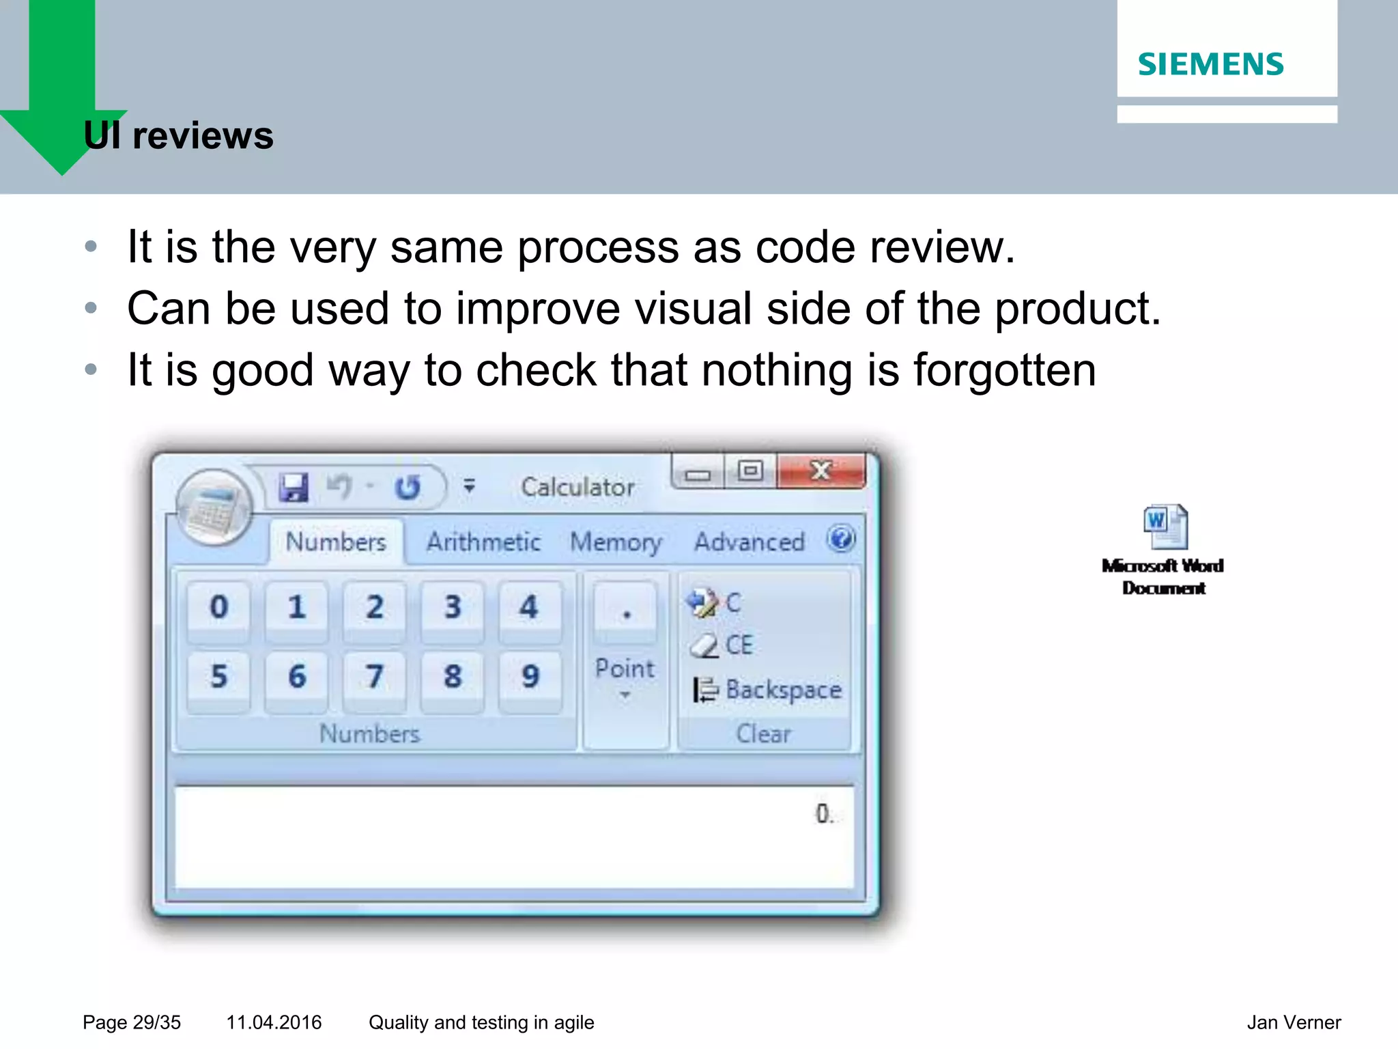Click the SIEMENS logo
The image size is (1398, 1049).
coord(1210,64)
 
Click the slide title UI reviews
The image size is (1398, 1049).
coord(178,135)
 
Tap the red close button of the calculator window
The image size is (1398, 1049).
coord(821,470)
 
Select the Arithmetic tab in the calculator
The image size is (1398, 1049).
coord(483,542)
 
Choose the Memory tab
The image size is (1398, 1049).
coord(616,542)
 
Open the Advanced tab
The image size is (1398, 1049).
coord(750,542)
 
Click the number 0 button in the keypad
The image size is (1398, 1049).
coord(218,607)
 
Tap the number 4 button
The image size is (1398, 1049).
coord(529,607)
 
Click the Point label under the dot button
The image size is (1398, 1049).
coord(625,669)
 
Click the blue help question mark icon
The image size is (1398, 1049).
coord(841,539)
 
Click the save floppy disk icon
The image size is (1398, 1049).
coord(294,488)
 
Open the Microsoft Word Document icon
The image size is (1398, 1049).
coord(1165,528)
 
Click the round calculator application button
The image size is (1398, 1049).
coord(214,507)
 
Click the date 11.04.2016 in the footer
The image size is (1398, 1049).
coord(274,1022)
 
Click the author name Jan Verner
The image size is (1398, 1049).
coord(1293,1022)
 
